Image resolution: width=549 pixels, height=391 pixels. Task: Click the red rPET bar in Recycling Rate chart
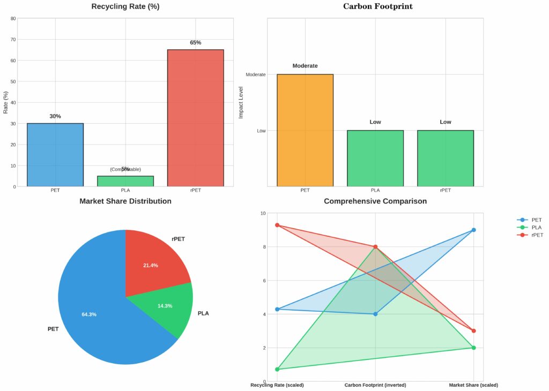[195, 118]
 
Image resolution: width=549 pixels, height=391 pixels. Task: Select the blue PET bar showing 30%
[55, 155]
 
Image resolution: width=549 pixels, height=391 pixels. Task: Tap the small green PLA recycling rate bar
[125, 181]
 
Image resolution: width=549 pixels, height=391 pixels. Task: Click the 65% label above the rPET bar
[195, 42]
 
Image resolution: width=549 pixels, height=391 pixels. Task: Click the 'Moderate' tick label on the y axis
[255, 74]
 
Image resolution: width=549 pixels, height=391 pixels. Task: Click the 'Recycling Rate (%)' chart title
[125, 7]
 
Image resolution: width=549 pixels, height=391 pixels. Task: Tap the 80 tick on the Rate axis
[13, 18]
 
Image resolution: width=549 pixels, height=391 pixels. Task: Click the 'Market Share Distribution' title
[125, 201]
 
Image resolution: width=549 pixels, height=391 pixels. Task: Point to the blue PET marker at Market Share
[473, 230]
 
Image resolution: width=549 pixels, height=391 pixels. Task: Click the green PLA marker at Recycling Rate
[277, 370]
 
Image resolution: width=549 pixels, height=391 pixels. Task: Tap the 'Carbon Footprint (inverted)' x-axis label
[375, 385]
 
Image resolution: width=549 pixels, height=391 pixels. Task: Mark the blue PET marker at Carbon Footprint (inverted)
[375, 314]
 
